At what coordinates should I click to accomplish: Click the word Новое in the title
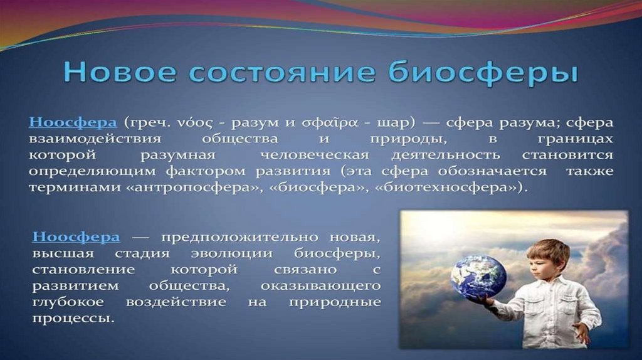120,72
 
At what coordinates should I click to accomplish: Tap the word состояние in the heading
283,72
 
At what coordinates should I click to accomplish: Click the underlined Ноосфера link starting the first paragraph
73,122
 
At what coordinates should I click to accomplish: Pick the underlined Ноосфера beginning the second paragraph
76,236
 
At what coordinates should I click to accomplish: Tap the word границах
576,139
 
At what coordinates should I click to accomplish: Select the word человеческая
315,155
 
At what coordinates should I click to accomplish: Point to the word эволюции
232,254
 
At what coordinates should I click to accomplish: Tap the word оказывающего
320,286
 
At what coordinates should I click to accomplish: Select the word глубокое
68,302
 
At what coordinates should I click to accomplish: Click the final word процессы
73,319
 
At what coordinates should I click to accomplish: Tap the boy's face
540,263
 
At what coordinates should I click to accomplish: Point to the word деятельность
446,155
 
